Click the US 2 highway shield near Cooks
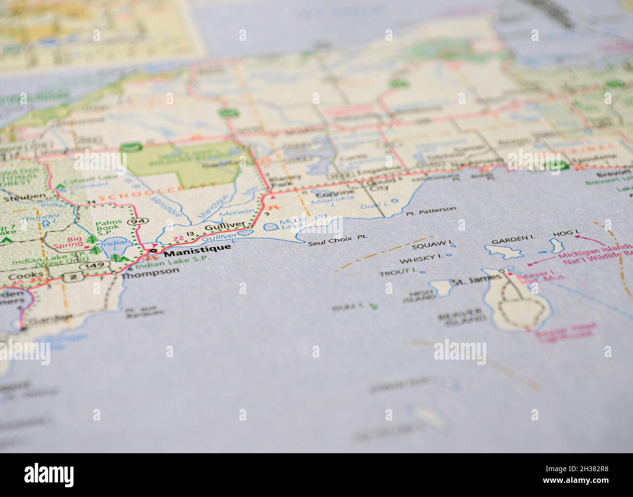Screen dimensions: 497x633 (x=73, y=277)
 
